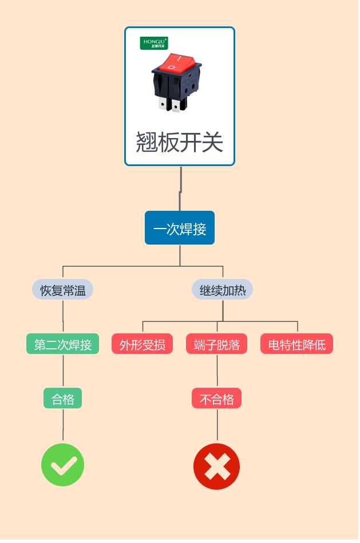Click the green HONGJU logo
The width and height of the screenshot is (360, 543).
tap(154, 43)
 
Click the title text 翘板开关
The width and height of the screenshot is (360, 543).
tap(180, 142)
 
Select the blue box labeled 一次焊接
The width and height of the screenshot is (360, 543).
tap(180, 228)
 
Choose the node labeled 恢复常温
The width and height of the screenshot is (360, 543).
tap(62, 290)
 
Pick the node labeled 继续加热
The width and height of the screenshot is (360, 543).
tap(222, 290)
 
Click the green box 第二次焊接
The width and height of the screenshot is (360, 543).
tap(62, 344)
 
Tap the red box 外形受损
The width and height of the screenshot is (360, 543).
tap(142, 344)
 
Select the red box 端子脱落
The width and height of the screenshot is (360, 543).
tap(216, 344)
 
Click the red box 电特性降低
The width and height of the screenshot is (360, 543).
tap(296, 344)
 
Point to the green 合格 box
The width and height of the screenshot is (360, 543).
tap(62, 399)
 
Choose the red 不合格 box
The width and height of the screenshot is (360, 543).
tap(216, 399)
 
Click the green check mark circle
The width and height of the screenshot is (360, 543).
tap(62, 465)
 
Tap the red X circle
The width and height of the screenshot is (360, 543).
tap(216, 466)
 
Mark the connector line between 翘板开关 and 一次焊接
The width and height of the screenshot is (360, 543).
tap(180, 189)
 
